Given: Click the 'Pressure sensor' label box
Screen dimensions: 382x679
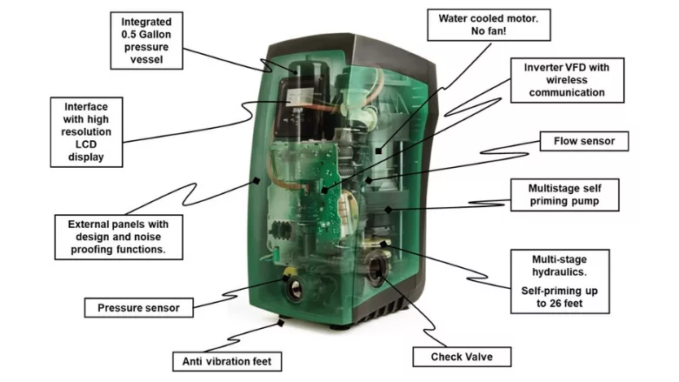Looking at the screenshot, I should (x=138, y=307).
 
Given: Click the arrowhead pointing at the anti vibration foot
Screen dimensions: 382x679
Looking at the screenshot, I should (x=280, y=323).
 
